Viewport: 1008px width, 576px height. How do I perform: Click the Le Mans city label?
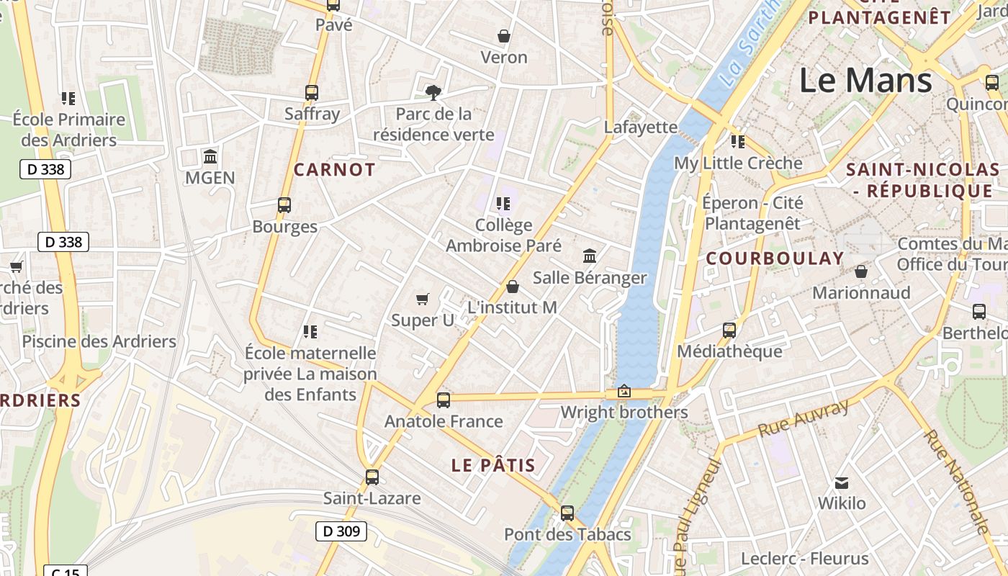(865, 80)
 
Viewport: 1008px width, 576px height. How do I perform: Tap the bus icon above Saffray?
(312, 92)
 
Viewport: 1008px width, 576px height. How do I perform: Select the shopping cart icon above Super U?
(423, 299)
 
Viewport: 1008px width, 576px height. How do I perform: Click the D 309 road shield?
(341, 532)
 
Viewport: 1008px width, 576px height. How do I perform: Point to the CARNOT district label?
(335, 170)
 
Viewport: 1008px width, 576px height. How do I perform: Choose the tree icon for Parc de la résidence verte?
(433, 92)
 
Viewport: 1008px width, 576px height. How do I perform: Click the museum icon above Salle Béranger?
(590, 256)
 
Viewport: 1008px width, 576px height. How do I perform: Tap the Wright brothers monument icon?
(624, 392)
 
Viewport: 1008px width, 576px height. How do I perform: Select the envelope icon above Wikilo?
(841, 482)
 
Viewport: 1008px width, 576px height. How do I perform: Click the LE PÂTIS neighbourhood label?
(493, 465)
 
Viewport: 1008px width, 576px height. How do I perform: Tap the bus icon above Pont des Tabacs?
(567, 513)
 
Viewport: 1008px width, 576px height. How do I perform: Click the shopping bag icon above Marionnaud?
(861, 271)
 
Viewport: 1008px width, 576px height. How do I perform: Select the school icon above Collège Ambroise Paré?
(503, 204)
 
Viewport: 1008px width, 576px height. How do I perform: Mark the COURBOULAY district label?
(775, 258)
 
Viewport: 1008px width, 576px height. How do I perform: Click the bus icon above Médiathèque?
(729, 330)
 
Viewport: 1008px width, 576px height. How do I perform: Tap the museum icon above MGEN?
(210, 156)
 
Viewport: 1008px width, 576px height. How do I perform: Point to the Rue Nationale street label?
(958, 482)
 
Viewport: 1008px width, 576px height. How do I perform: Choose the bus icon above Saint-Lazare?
(372, 477)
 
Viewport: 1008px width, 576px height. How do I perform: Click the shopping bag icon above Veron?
(504, 36)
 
